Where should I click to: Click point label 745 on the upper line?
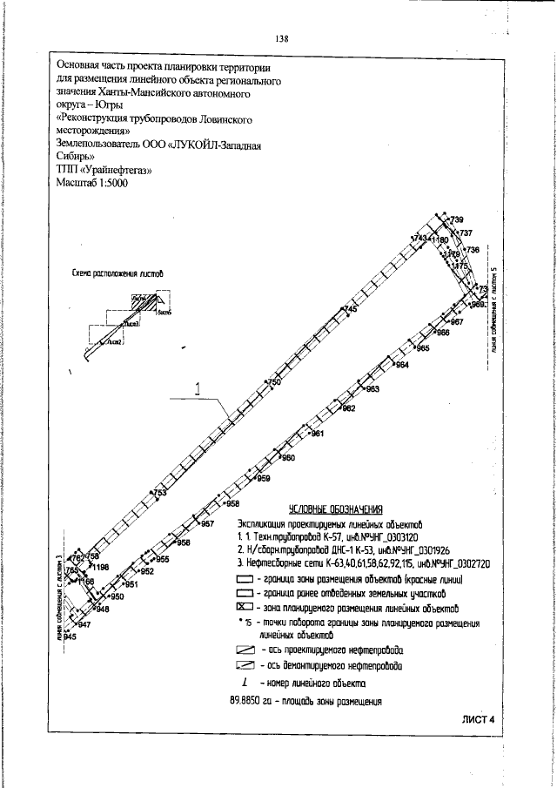352,309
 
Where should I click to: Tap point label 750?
275,383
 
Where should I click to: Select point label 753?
160,493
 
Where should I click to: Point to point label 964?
402,365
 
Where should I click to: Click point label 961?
318,434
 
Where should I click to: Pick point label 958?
232,503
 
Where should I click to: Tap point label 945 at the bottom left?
70,638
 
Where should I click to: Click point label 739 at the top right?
457,218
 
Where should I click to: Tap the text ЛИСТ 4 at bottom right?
478,719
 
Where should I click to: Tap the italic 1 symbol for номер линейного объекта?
244,685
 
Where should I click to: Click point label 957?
207,524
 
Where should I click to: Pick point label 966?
442,333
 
